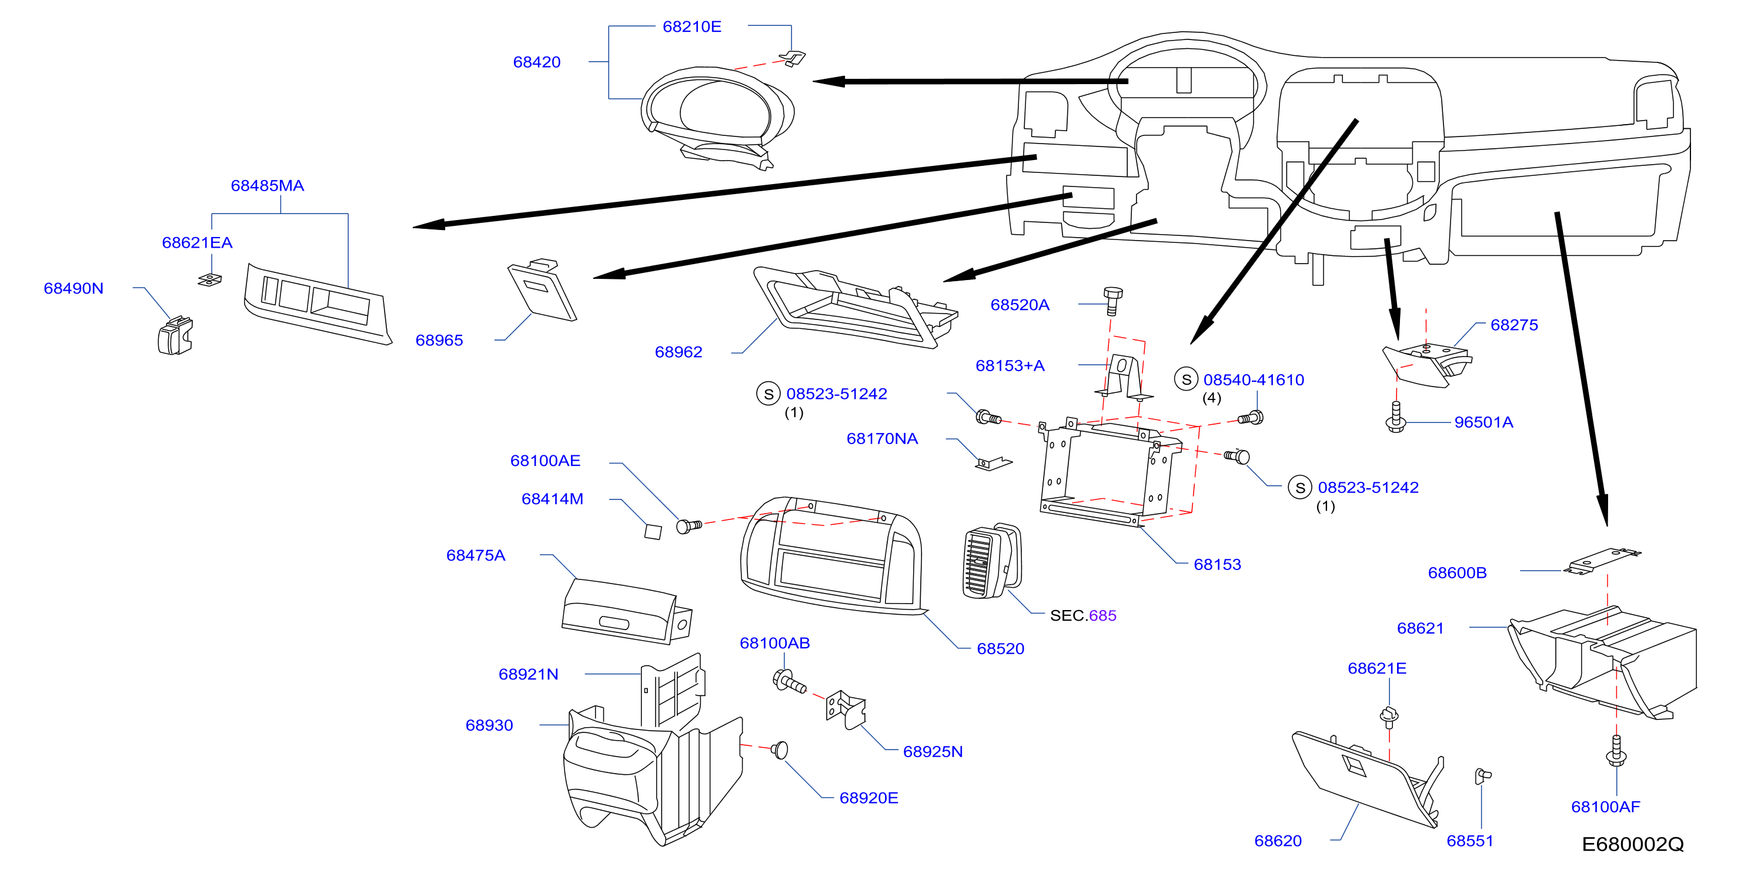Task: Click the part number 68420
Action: (x=536, y=62)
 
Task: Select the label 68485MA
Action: (x=267, y=186)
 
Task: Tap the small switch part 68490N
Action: (x=175, y=335)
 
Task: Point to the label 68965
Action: (x=439, y=340)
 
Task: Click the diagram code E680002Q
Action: (x=1633, y=844)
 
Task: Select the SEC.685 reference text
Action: (x=1083, y=615)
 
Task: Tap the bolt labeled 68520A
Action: (x=1112, y=301)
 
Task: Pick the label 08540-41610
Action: (x=1254, y=379)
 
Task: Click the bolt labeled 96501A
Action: (x=1395, y=416)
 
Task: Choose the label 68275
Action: (x=1514, y=325)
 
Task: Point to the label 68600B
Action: (x=1456, y=572)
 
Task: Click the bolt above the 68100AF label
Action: (x=1616, y=751)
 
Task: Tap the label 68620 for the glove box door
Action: (x=1278, y=841)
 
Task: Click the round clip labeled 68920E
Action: (x=780, y=750)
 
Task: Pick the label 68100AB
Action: (x=774, y=642)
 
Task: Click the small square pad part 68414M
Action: (x=653, y=531)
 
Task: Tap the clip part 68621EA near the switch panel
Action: (x=210, y=279)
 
